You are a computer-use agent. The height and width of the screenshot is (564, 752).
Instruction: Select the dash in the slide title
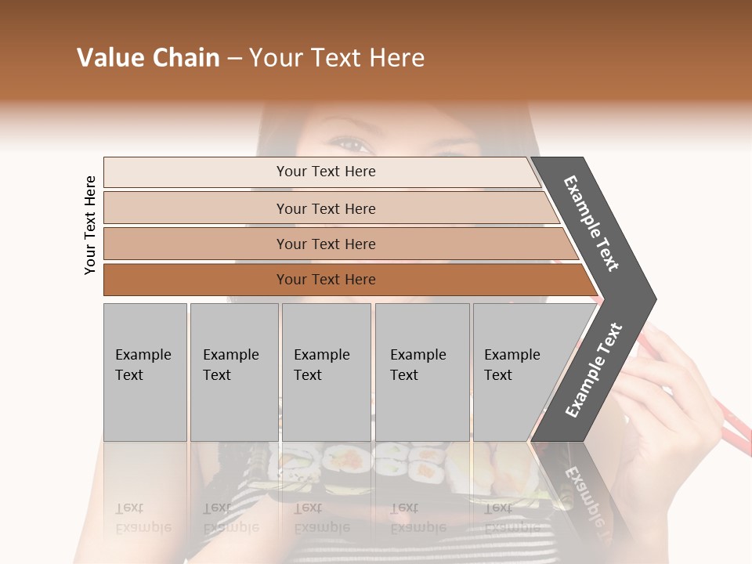point(234,59)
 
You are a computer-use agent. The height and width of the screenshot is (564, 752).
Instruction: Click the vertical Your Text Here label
point(90,225)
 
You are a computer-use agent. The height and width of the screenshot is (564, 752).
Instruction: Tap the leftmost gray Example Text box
point(145,372)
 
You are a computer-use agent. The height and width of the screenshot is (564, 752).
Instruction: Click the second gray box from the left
point(234,372)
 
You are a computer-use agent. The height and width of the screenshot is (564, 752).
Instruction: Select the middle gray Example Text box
point(326,372)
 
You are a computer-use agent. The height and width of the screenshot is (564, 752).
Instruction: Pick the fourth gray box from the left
point(422,372)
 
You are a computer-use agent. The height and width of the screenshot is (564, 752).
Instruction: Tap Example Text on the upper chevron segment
point(591,223)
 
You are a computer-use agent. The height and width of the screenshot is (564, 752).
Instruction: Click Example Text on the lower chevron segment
point(594,370)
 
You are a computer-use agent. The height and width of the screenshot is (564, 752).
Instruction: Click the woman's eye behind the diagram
point(349,144)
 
